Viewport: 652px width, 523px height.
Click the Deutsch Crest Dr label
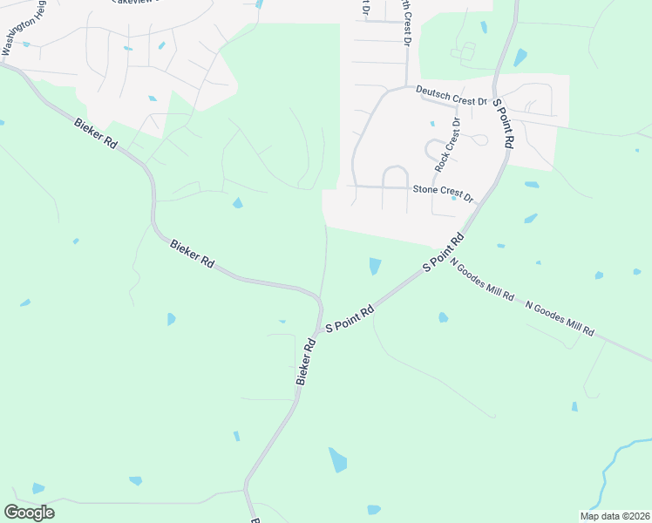(x=451, y=95)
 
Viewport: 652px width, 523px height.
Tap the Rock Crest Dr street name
(x=447, y=145)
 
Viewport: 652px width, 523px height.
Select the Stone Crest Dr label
(x=443, y=192)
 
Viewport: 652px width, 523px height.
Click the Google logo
(x=29, y=512)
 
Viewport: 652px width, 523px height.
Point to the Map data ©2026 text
(x=614, y=516)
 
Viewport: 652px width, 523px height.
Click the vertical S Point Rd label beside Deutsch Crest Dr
(x=503, y=126)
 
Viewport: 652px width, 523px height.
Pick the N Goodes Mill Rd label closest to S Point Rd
(x=482, y=281)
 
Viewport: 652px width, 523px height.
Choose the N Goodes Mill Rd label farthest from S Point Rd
(x=559, y=318)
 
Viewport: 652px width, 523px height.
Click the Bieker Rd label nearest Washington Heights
(x=96, y=132)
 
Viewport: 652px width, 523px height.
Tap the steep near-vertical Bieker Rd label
(x=305, y=363)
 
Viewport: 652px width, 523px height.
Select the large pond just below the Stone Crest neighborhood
(x=375, y=265)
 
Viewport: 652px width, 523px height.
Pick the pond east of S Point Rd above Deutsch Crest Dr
(x=520, y=58)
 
